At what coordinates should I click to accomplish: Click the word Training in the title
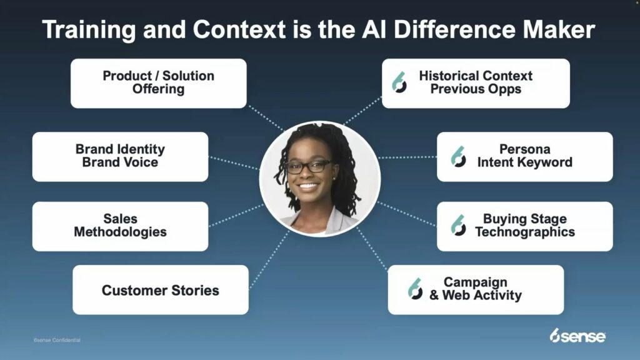(x=89, y=30)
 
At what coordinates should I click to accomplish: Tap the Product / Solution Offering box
(x=158, y=83)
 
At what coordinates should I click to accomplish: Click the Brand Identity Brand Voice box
(x=120, y=157)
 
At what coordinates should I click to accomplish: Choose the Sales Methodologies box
(x=120, y=226)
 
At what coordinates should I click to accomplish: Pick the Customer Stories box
(x=161, y=290)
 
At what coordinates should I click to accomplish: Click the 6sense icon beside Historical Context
(x=399, y=82)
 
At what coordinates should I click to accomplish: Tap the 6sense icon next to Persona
(x=458, y=157)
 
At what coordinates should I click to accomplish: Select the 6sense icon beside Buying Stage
(x=458, y=225)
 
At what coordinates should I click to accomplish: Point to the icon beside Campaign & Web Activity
(x=415, y=289)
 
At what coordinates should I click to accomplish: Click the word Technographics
(x=525, y=232)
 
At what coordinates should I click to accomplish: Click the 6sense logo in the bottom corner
(x=577, y=336)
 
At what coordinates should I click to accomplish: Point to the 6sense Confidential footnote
(x=57, y=340)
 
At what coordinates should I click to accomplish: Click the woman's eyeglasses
(x=309, y=166)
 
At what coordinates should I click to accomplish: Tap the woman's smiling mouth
(x=308, y=187)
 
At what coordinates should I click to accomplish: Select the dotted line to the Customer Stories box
(x=269, y=259)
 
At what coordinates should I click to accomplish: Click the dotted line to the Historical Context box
(x=363, y=110)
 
